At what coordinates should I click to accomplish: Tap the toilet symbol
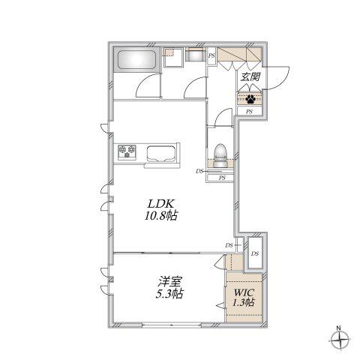[x=220, y=155]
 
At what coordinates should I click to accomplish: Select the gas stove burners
[x=127, y=152]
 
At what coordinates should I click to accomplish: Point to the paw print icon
[x=250, y=99]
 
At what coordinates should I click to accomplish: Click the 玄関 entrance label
[x=250, y=76]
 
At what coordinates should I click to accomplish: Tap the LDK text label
[x=160, y=204]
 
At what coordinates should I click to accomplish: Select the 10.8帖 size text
[x=160, y=215]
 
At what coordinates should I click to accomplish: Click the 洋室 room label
[x=169, y=282]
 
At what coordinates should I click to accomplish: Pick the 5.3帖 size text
[x=169, y=293]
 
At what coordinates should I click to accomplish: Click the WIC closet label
[x=244, y=292]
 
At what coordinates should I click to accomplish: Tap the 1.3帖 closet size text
[x=244, y=302]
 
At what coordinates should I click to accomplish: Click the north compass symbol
[x=339, y=340]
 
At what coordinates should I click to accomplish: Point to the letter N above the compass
[x=338, y=328]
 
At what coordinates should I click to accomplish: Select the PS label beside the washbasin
[x=211, y=55]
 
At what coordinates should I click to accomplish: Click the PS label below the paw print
[x=249, y=112]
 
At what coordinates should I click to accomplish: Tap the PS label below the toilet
[x=222, y=178]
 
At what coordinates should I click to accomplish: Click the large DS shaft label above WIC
[x=255, y=253]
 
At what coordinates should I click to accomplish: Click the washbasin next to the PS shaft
[x=195, y=55]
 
